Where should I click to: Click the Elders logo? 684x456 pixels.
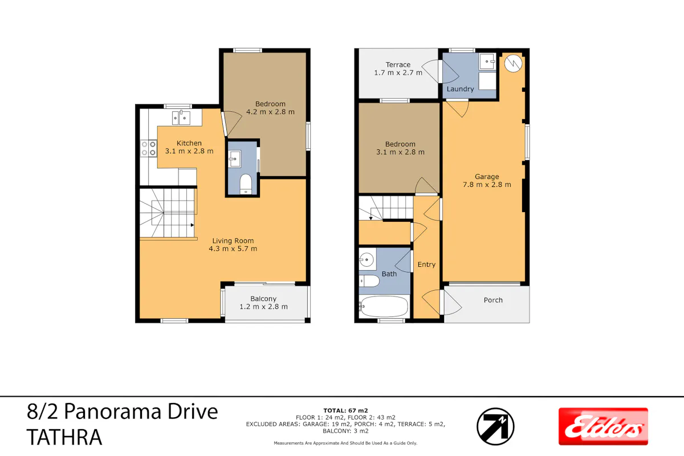click(x=603, y=426)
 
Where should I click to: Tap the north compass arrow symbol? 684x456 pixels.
click(x=495, y=427)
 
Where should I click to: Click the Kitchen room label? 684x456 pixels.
click(x=189, y=143)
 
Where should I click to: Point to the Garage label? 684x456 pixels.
click(x=487, y=177)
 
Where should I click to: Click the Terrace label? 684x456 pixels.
click(x=398, y=65)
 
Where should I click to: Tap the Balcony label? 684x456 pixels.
click(x=263, y=299)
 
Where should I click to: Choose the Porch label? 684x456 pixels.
click(x=493, y=300)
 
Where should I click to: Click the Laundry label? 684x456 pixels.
click(x=460, y=89)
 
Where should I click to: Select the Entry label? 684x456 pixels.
click(x=426, y=264)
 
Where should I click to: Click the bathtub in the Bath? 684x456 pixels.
click(x=384, y=306)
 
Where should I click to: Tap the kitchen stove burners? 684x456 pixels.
click(x=149, y=148)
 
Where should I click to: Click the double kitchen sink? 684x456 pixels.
click(x=181, y=118)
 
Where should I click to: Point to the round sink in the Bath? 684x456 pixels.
click(x=367, y=260)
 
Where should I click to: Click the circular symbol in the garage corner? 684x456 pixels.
click(x=514, y=63)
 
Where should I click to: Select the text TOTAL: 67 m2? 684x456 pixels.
click(x=345, y=410)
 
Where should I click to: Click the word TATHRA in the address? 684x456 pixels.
click(x=64, y=437)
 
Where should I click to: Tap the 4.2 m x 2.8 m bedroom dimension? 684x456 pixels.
click(x=270, y=112)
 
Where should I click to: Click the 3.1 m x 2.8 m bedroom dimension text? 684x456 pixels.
click(x=400, y=152)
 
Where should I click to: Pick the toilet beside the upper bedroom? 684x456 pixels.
click(x=246, y=184)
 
